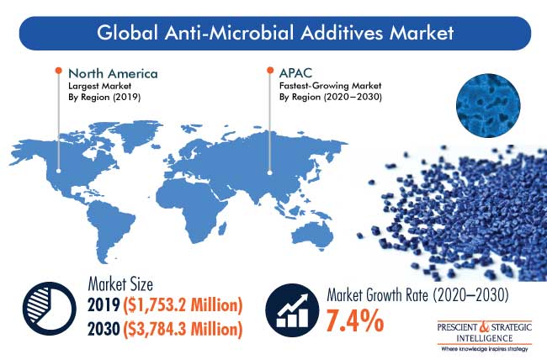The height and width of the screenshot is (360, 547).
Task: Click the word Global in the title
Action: pos(127,33)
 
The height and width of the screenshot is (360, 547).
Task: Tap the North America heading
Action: pos(113,74)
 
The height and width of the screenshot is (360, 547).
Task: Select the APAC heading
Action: pos(295,73)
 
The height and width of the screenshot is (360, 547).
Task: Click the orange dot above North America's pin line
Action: pos(59,71)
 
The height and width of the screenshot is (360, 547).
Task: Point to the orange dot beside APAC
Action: pos(270,70)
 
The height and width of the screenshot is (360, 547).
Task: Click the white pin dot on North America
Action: pos(59,171)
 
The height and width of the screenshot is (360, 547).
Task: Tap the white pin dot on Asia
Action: pos(269,172)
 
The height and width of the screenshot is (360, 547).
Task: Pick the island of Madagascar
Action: pos(221,229)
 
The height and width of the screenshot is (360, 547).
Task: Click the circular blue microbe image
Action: pos(488,105)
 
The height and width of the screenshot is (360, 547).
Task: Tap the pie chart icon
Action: pos(49,309)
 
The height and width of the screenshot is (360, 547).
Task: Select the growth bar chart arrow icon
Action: pos(292,310)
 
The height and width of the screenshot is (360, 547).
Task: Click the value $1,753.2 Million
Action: pos(183,305)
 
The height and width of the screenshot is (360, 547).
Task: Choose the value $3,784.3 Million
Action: pos(183,329)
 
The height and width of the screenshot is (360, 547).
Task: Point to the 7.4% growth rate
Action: pos(355,320)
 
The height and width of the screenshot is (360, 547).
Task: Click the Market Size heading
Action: pos(120,284)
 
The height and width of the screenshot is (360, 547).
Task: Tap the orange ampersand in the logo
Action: pos(485,327)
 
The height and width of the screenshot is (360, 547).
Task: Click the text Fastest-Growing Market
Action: pos(330,86)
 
